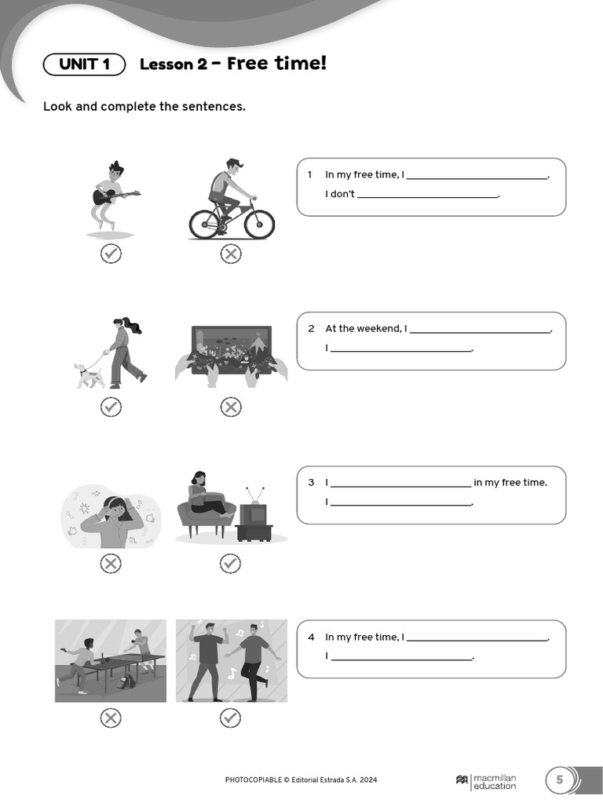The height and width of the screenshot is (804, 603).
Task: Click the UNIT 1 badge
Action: (84, 64)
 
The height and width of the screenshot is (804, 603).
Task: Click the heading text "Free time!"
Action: (276, 63)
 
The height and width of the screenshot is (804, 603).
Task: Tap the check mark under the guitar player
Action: (111, 254)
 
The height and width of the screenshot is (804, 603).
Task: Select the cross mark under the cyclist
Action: (230, 254)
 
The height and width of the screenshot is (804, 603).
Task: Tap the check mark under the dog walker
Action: (111, 407)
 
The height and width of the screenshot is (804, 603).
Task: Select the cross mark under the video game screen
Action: (230, 407)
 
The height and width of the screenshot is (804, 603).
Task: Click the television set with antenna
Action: (253, 514)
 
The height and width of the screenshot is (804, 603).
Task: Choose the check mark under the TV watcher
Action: (230, 563)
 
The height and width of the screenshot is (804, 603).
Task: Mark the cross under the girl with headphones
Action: (111, 563)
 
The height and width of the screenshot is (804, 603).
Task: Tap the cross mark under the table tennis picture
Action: (111, 718)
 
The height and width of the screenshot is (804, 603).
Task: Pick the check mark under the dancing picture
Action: (230, 718)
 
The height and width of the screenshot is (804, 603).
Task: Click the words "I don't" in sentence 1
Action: (340, 194)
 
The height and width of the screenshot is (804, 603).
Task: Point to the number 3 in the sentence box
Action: (311, 483)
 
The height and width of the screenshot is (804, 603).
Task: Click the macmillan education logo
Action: (486, 780)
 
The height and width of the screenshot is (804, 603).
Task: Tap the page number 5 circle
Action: (560, 780)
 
